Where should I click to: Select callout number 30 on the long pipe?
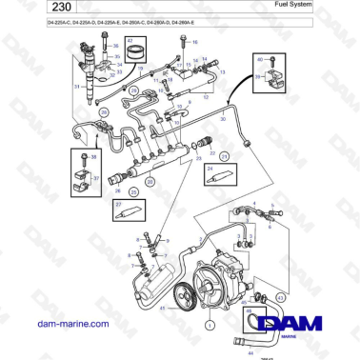pos(223,121)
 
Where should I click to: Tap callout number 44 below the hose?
pos(250,351)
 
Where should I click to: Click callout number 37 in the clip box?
pos(96,176)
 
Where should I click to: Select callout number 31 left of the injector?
pos(76,86)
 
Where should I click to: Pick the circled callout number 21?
pos(224,154)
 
